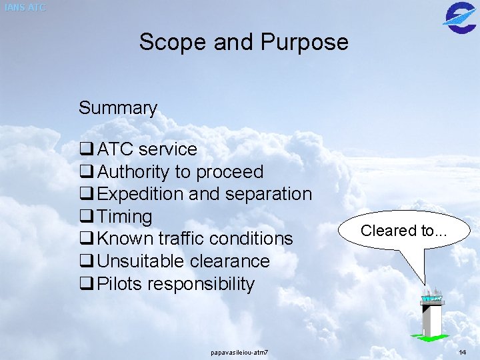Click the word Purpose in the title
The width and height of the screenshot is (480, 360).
click(x=304, y=43)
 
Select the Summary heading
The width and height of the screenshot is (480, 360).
click(x=118, y=108)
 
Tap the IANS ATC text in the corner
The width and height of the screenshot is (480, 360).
click(x=25, y=8)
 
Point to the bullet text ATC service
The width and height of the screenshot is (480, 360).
click(x=147, y=149)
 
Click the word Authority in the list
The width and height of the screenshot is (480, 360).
click(x=133, y=172)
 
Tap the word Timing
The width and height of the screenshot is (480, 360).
click(x=125, y=217)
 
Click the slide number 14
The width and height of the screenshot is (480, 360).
click(x=463, y=351)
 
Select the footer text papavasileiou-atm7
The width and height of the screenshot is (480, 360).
click(x=239, y=351)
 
